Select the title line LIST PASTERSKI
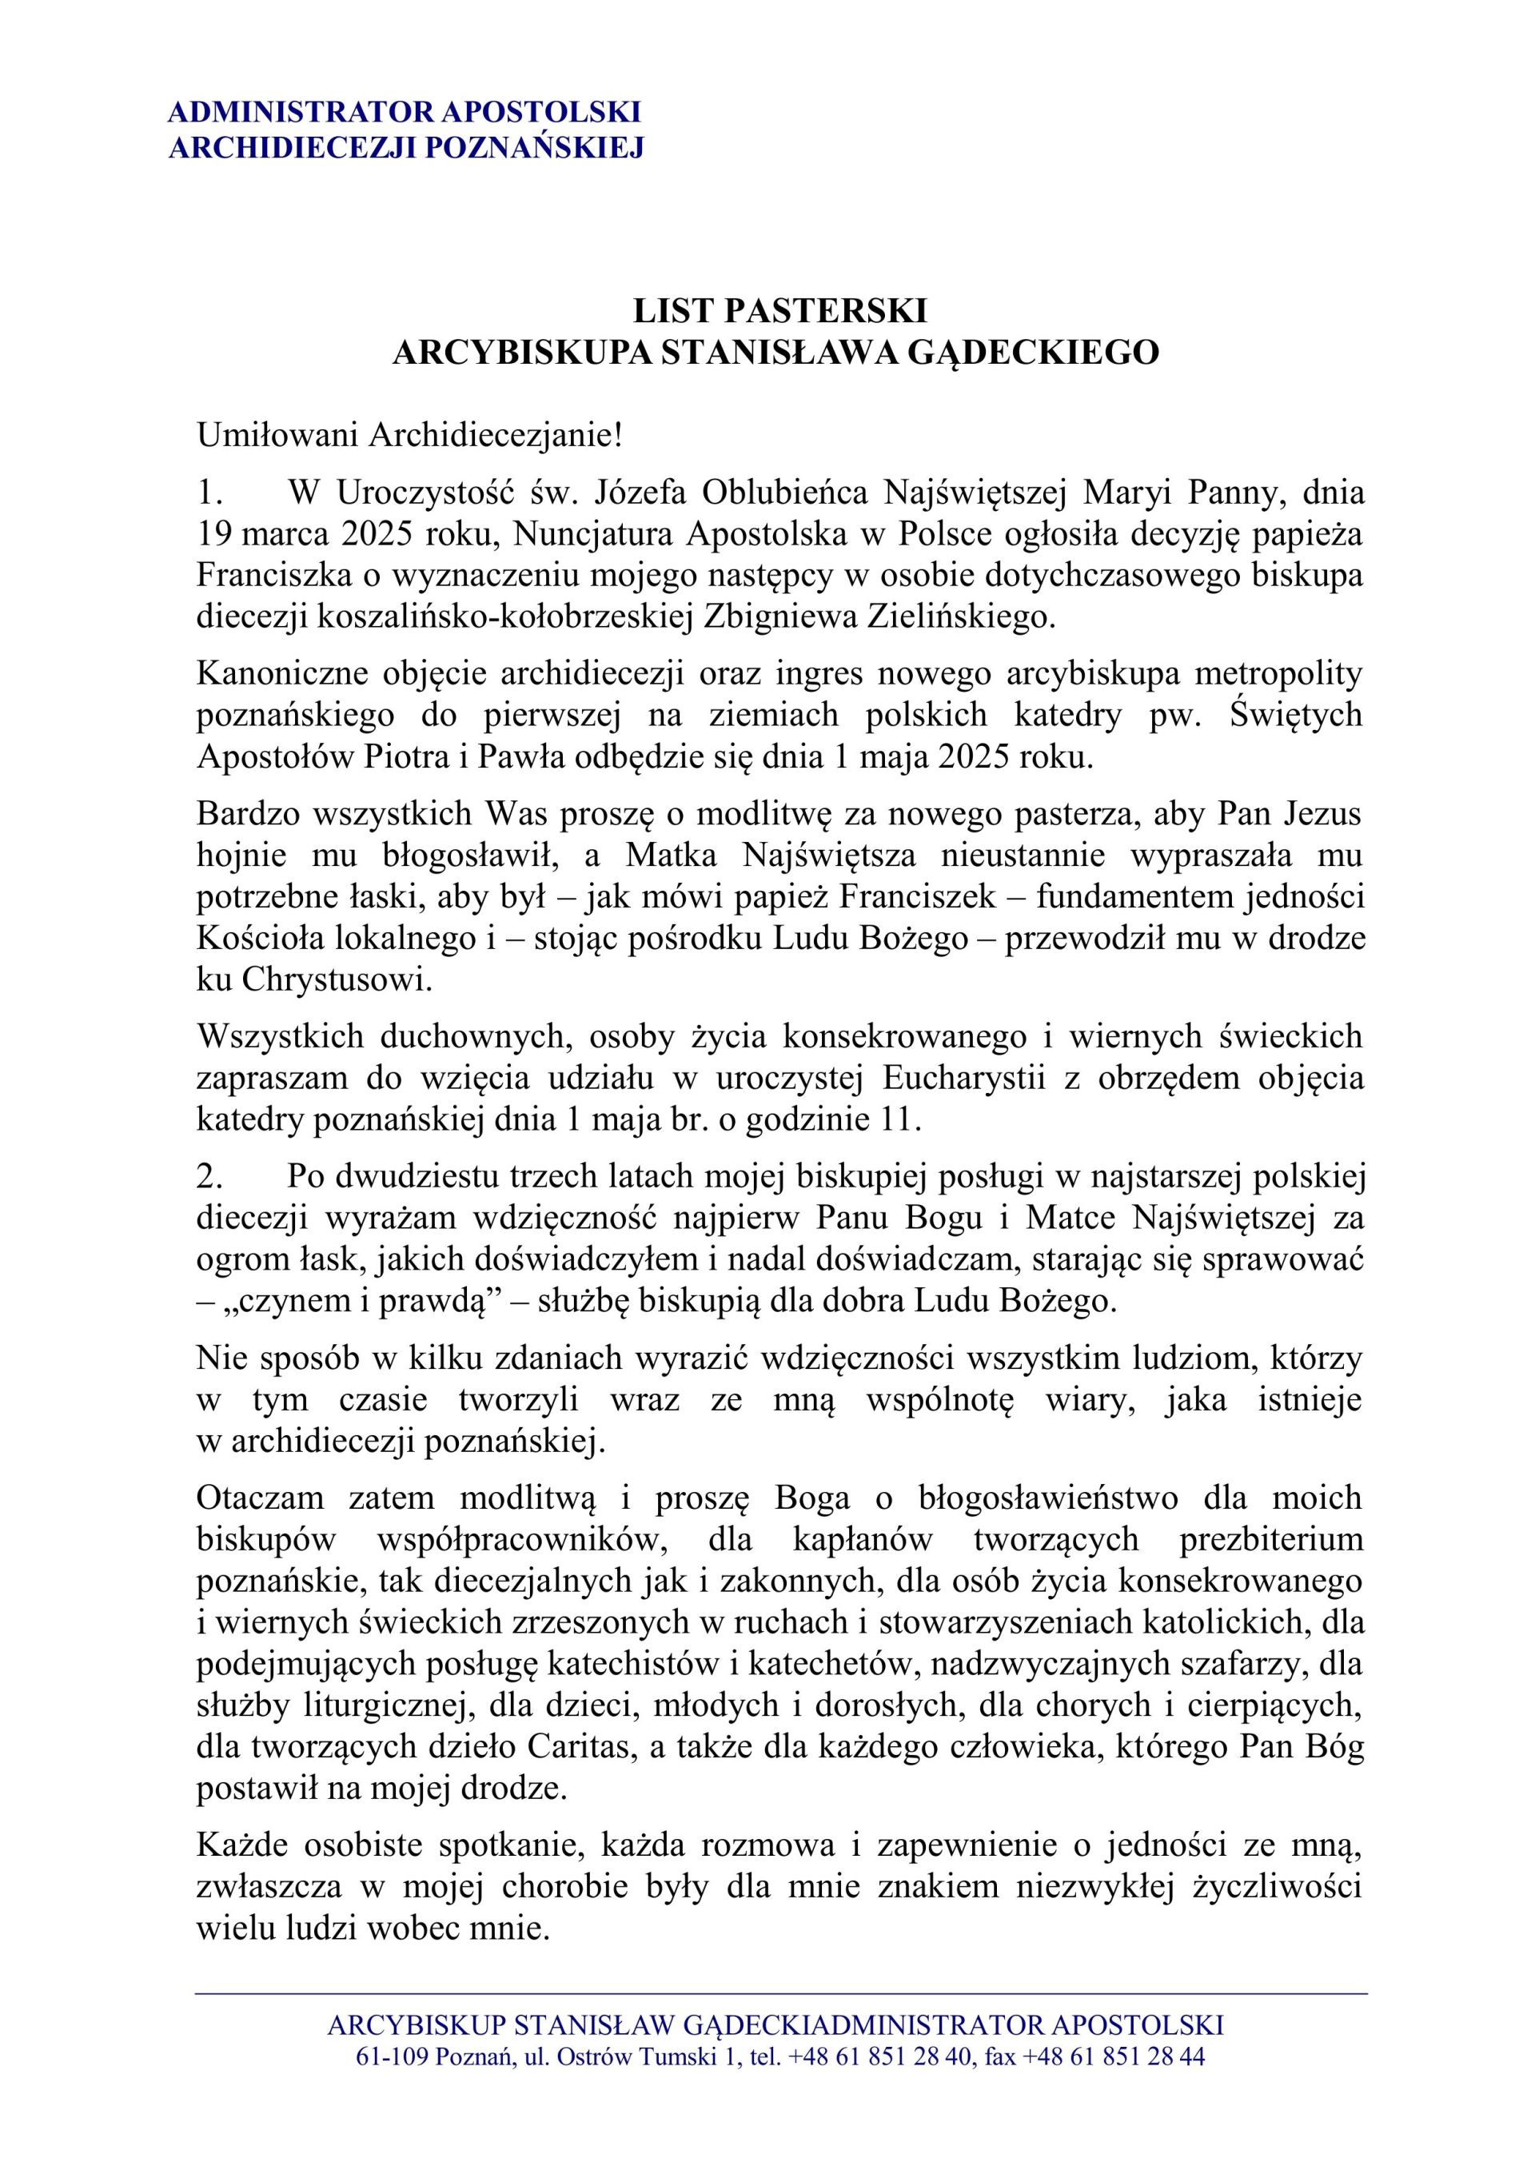click(x=779, y=311)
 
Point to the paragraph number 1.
click(x=209, y=493)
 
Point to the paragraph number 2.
click(x=209, y=1175)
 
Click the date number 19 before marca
click(x=213, y=534)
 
